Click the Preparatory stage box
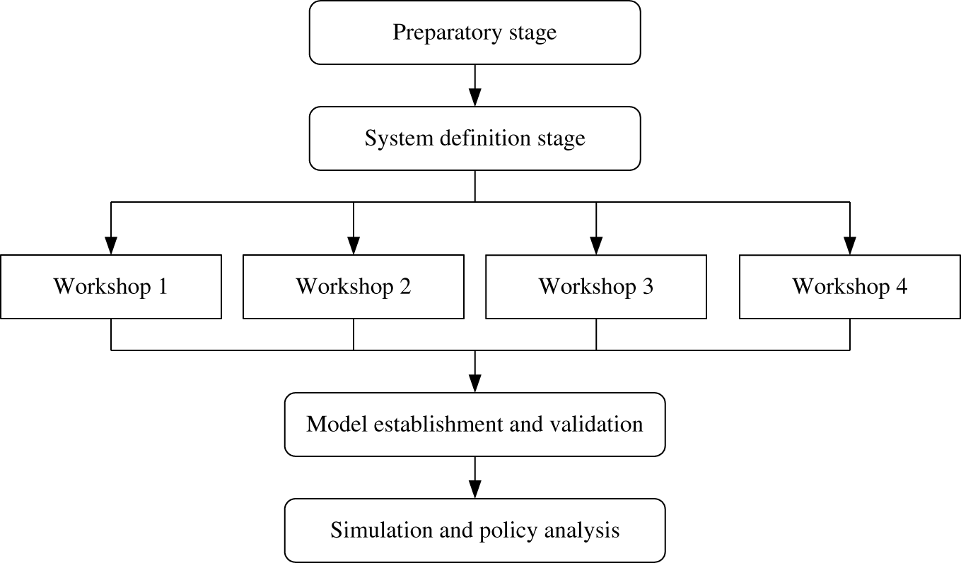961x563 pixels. [x=474, y=32]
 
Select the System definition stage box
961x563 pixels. [x=474, y=138]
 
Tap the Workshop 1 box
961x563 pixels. [x=111, y=287]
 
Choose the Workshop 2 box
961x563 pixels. [x=354, y=287]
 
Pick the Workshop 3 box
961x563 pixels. [x=596, y=287]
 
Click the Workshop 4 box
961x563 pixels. [x=850, y=287]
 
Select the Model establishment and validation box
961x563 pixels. [x=474, y=425]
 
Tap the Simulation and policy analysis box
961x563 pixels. [x=474, y=531]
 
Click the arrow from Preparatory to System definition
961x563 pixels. [x=474, y=85]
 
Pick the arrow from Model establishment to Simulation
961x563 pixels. [x=474, y=478]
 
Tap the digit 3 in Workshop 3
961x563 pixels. [x=648, y=287]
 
